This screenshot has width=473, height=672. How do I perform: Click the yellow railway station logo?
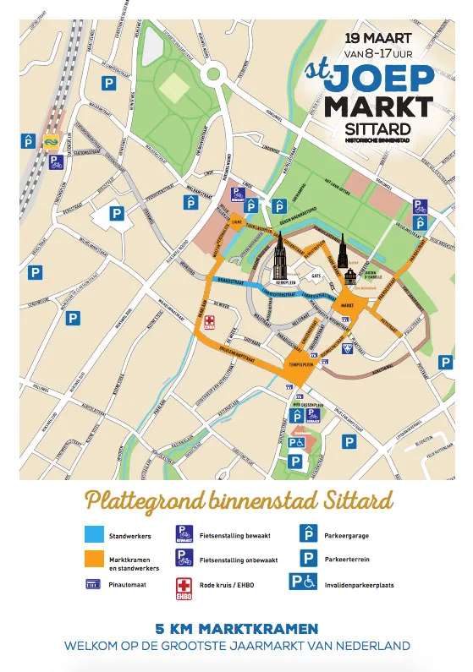[x=52, y=143]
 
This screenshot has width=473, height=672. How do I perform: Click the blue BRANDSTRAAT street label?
[x=230, y=280]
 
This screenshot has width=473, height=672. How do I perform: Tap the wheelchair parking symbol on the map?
[x=296, y=442]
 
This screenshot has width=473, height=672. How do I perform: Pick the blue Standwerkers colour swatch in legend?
[x=95, y=534]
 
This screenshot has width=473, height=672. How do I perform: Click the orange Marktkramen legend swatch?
[x=95, y=560]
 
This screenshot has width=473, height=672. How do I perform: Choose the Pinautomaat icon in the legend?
[x=94, y=583]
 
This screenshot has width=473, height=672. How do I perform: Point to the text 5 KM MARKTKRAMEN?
[x=237, y=629]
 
